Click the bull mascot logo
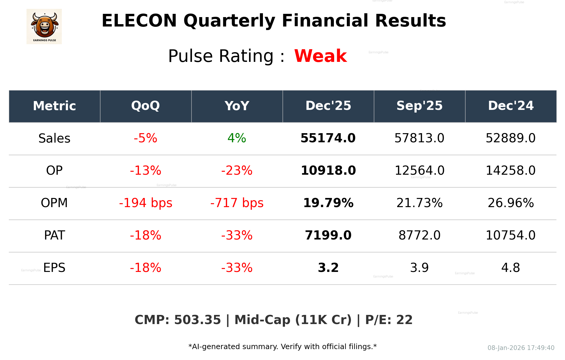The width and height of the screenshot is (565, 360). tap(44, 26)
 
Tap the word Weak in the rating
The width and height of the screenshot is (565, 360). tap(320, 56)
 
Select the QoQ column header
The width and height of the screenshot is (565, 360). tap(145, 106)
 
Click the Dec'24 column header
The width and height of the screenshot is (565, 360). tap(511, 106)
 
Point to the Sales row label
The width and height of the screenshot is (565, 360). tap(54, 138)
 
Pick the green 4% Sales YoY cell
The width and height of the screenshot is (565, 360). tap(237, 138)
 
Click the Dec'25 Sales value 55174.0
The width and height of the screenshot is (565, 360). tap(328, 138)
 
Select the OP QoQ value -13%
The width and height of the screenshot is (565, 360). tap(145, 171)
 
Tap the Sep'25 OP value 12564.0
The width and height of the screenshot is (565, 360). tap(419, 171)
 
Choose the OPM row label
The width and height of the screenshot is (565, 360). tap(54, 203)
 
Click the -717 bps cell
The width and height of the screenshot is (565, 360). tap(237, 203)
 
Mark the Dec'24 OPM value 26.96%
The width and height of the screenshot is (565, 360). tap(511, 203)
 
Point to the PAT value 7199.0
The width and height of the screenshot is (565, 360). tap(328, 235)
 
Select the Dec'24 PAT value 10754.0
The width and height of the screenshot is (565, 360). tap(511, 235)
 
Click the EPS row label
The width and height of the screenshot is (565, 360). tap(54, 268)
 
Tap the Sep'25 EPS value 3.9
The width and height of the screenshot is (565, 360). tap(419, 268)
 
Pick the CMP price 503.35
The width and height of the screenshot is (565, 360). tap(197, 320)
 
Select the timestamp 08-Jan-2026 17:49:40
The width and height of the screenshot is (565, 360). tap(521, 348)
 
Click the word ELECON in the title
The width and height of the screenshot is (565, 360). tap(139, 21)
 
